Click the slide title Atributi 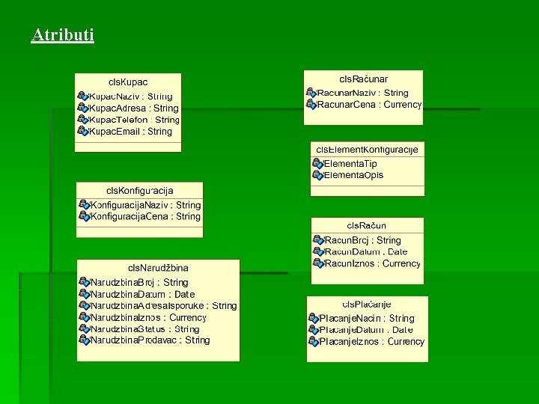[x=63, y=34]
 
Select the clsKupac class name [x=128, y=82]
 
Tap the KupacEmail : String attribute [x=130, y=132]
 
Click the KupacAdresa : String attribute [x=134, y=108]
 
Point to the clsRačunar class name [x=364, y=79]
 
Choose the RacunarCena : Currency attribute [x=369, y=105]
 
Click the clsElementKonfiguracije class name [x=367, y=150]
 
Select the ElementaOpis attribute [x=353, y=175]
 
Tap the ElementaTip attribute [x=350, y=164]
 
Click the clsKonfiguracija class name [x=140, y=191]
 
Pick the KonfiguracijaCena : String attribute [x=145, y=217]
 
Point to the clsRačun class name [x=367, y=225]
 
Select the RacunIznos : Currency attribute [x=373, y=263]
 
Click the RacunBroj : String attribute [x=363, y=241]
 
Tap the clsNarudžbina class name [x=158, y=268]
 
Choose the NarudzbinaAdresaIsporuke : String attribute [x=163, y=306]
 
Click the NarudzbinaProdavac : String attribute [x=150, y=340]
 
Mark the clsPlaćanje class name [x=367, y=304]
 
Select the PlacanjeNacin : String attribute [x=367, y=319]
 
